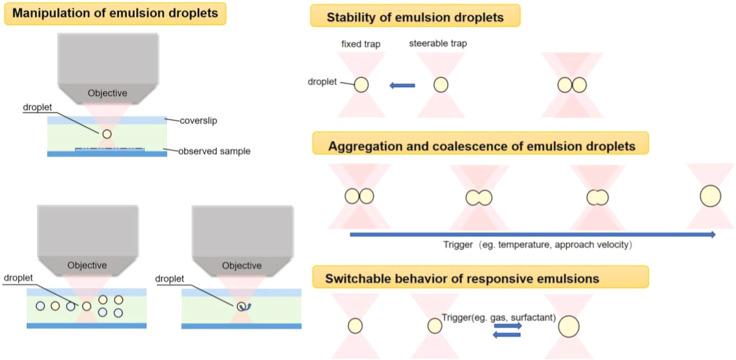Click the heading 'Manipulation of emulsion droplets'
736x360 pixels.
(115, 13)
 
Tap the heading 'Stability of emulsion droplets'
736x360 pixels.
(415, 18)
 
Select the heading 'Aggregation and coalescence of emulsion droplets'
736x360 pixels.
(480, 146)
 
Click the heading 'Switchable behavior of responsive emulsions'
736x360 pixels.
(462, 279)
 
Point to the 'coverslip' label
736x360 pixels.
(195, 120)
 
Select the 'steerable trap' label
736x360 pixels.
(436, 45)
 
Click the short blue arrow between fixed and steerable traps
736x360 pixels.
(402, 85)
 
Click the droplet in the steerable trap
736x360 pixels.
(441, 85)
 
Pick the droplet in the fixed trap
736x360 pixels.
(361, 85)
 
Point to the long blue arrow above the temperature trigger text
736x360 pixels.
(533, 234)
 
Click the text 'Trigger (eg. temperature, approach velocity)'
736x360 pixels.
(538, 246)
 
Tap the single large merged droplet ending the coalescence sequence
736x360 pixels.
(710, 196)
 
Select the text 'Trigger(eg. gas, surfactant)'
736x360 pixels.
(499, 317)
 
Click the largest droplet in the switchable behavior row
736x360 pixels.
(569, 325)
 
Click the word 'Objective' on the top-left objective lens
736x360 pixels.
(107, 93)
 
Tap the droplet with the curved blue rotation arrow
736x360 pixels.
(242, 306)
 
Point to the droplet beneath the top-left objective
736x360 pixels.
(107, 134)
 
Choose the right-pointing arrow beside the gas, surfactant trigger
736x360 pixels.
(508, 325)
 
